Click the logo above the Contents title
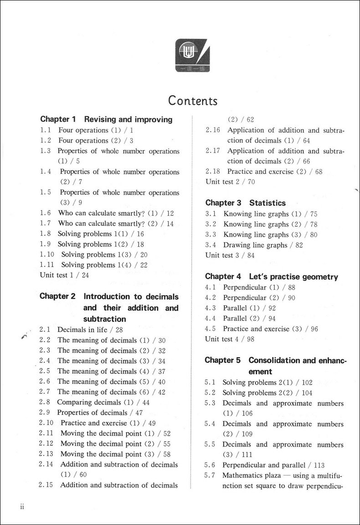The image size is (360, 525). (x=193, y=56)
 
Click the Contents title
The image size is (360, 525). (x=193, y=100)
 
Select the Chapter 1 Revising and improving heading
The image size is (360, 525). (x=106, y=120)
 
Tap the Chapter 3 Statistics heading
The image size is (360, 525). (x=245, y=203)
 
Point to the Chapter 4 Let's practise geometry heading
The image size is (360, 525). (x=271, y=277)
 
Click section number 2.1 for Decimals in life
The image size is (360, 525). (x=44, y=330)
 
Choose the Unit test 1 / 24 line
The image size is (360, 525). (x=64, y=275)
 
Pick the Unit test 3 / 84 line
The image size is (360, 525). (x=230, y=255)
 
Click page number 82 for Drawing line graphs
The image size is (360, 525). (x=298, y=245)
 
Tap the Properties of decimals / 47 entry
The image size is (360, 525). (x=100, y=413)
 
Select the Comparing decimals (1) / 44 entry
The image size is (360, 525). (x=103, y=402)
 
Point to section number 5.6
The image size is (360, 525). (x=210, y=465)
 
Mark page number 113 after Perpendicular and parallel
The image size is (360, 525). (x=319, y=465)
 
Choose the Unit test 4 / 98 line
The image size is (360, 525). (x=230, y=339)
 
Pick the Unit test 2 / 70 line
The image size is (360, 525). (x=230, y=182)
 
